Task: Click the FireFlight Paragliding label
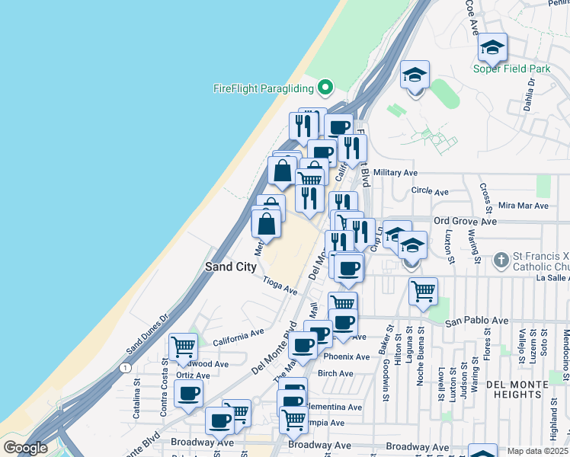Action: (263, 88)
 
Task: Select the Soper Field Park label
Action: (511, 69)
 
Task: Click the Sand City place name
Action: (230, 267)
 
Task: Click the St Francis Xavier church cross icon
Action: (501, 260)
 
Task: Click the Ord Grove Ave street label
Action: (465, 221)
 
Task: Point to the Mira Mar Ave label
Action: (523, 206)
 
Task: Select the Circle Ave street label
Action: (426, 190)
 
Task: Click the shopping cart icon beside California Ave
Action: (183, 347)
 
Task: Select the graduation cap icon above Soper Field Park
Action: (493, 49)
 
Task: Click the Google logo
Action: (25, 448)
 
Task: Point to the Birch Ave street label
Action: (336, 373)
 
